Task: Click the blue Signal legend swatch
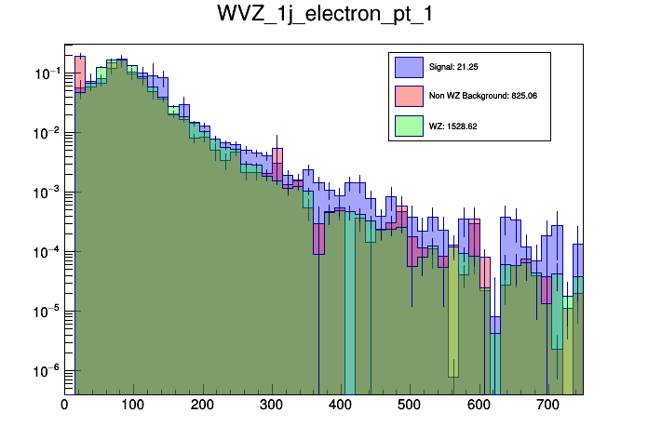(409, 67)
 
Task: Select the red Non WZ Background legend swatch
(409, 96)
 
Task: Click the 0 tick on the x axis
(64, 406)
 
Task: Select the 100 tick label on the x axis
(132, 406)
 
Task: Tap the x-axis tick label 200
(201, 406)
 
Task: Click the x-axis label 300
(270, 406)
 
